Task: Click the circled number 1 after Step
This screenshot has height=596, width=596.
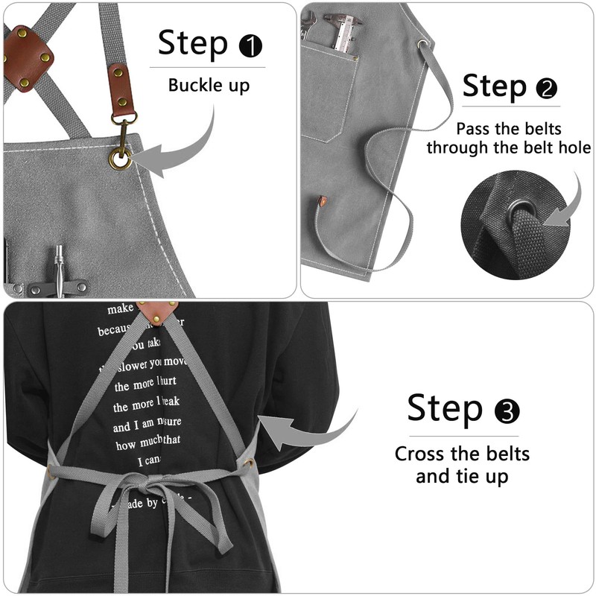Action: tap(250, 47)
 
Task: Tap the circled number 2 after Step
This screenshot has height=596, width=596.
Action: tap(546, 89)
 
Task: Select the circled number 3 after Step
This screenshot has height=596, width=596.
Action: tap(507, 411)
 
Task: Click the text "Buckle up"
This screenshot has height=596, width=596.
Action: tap(209, 85)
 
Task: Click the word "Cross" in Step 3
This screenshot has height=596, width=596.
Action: tap(425, 453)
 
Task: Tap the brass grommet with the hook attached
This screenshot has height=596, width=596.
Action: tap(120, 158)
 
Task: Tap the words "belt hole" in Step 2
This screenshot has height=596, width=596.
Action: tap(552, 148)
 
